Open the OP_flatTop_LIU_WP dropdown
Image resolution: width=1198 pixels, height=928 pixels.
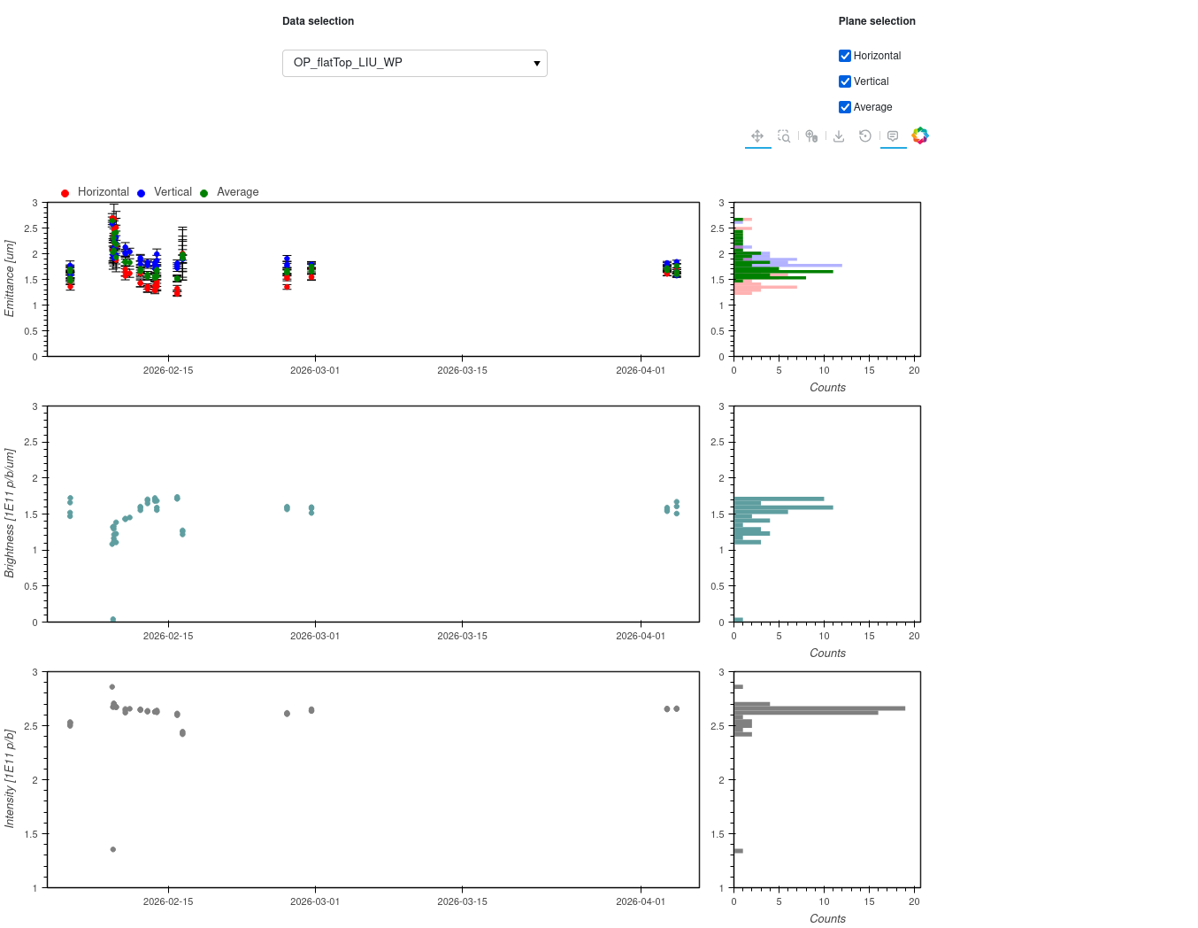[x=414, y=63]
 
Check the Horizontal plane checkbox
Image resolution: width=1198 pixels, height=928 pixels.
[x=844, y=56]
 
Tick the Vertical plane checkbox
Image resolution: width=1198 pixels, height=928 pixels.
[x=844, y=81]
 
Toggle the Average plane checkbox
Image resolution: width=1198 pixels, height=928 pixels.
[x=844, y=107]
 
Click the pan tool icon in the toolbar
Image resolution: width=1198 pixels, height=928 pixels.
[x=757, y=135]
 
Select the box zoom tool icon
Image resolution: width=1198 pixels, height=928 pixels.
[x=783, y=135]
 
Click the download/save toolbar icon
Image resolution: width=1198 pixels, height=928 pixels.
[x=838, y=135]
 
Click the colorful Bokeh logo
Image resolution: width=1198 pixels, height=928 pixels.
[x=919, y=135]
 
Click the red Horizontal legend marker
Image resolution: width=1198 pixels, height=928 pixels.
[x=65, y=193]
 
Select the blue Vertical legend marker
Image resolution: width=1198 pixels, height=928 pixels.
[x=142, y=193]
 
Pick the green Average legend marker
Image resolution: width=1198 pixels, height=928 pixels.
[x=204, y=193]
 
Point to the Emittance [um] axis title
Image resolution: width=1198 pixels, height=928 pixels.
[x=10, y=278]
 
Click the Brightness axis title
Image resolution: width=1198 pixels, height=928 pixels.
[x=10, y=513]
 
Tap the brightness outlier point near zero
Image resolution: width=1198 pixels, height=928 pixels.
[x=113, y=618]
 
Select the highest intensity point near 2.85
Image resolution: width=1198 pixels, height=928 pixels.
[x=111, y=686]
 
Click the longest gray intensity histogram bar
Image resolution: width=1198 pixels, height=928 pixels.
[x=818, y=708]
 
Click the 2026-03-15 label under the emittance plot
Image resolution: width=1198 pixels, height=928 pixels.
[x=462, y=370]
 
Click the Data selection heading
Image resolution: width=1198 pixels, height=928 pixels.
[x=319, y=21]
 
